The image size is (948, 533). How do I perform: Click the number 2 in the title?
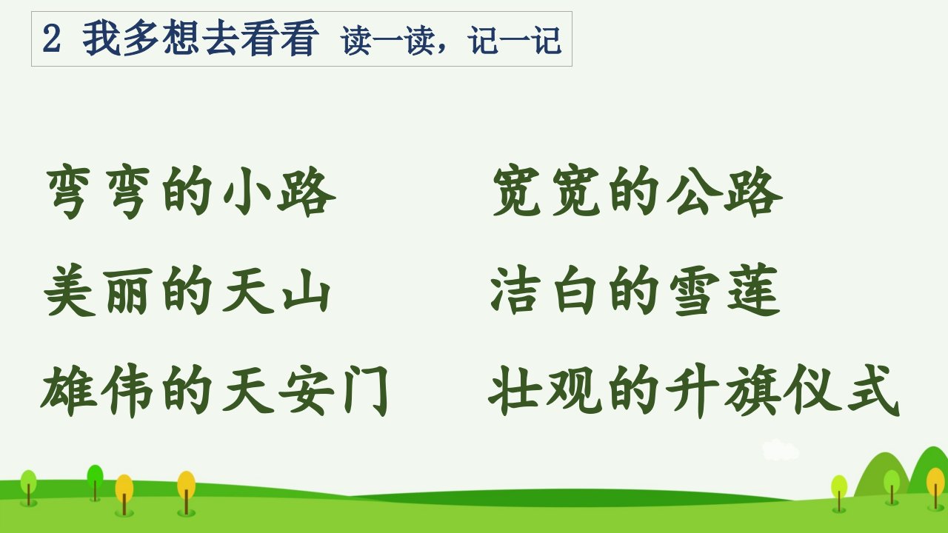52,39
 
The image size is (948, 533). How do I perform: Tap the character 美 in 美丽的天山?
69,291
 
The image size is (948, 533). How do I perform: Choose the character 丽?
130,292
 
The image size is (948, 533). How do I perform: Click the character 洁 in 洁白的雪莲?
515,291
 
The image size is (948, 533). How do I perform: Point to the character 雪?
694,292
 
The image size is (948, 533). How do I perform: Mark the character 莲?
753,291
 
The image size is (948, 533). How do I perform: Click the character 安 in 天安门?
307,391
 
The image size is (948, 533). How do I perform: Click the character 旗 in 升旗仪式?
752,391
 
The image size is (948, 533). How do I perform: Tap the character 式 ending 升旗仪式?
872,391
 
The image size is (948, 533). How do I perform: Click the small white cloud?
781,450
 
